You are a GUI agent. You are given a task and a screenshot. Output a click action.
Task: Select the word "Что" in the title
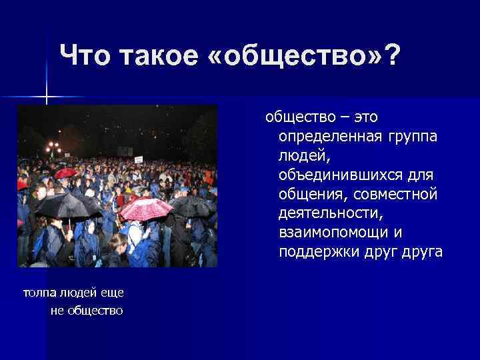(x=86, y=55)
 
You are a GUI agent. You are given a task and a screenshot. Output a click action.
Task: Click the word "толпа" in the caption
(x=41, y=293)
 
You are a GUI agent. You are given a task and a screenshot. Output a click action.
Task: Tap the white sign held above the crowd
(x=139, y=159)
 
